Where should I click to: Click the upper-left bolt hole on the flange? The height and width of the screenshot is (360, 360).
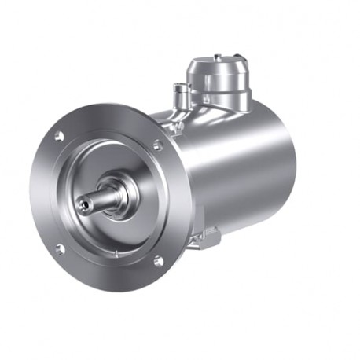click(59, 136)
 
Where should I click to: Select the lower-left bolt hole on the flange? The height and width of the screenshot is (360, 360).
click(59, 249)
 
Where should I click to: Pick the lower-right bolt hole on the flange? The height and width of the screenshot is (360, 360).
click(157, 260)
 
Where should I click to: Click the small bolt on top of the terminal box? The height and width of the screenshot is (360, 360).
click(217, 57)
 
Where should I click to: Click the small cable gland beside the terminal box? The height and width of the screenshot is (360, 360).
click(182, 96)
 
